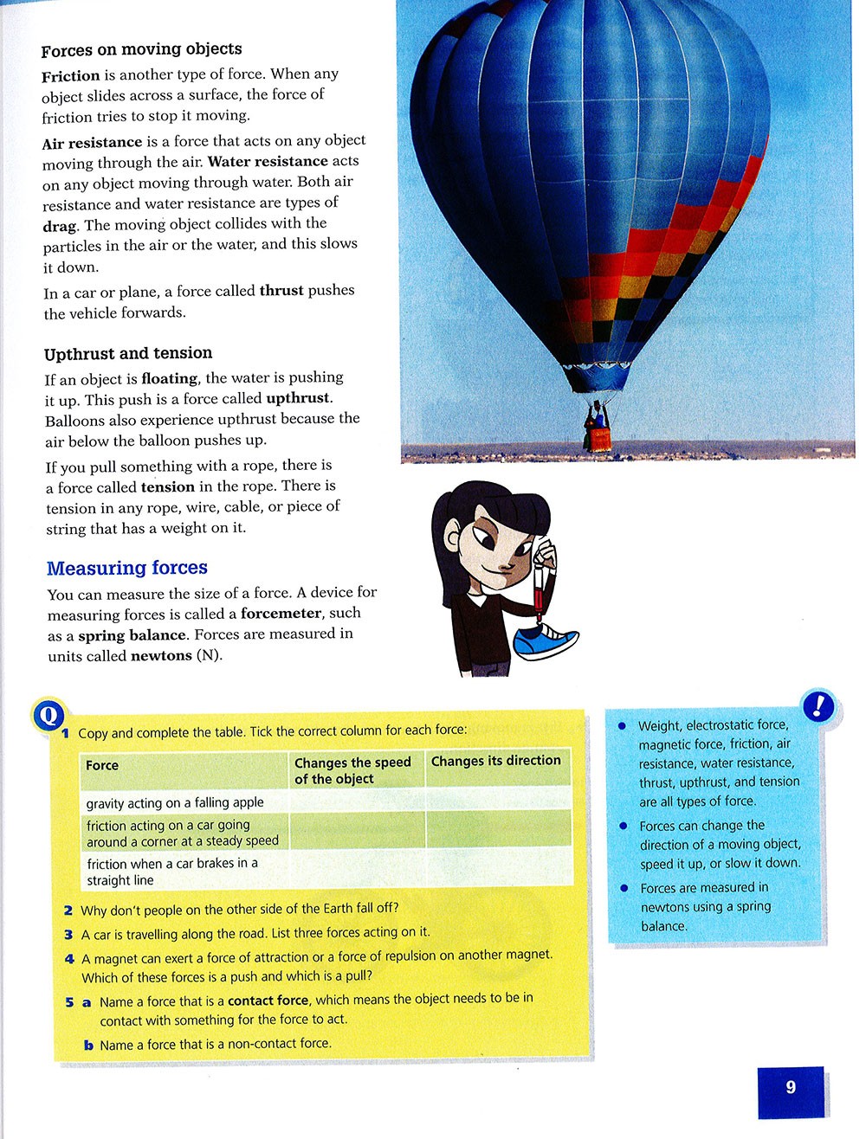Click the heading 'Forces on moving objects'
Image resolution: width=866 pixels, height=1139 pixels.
141,49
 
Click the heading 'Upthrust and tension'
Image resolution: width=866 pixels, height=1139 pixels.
128,353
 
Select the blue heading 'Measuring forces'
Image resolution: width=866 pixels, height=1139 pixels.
127,568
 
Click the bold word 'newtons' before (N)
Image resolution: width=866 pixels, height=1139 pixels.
161,656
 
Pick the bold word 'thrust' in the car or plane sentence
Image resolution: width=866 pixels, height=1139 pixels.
281,291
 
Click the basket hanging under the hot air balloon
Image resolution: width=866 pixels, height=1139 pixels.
597,432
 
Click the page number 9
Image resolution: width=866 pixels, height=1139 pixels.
790,1088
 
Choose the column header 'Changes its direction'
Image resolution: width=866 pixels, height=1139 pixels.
495,761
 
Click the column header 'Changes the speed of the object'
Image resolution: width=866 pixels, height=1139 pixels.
352,770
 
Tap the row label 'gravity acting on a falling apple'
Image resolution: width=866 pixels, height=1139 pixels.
175,803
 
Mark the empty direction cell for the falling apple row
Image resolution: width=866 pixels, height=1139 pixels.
497,799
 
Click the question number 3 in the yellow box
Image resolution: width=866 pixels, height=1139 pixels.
68,935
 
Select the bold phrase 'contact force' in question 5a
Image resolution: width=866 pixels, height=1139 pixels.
268,1001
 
